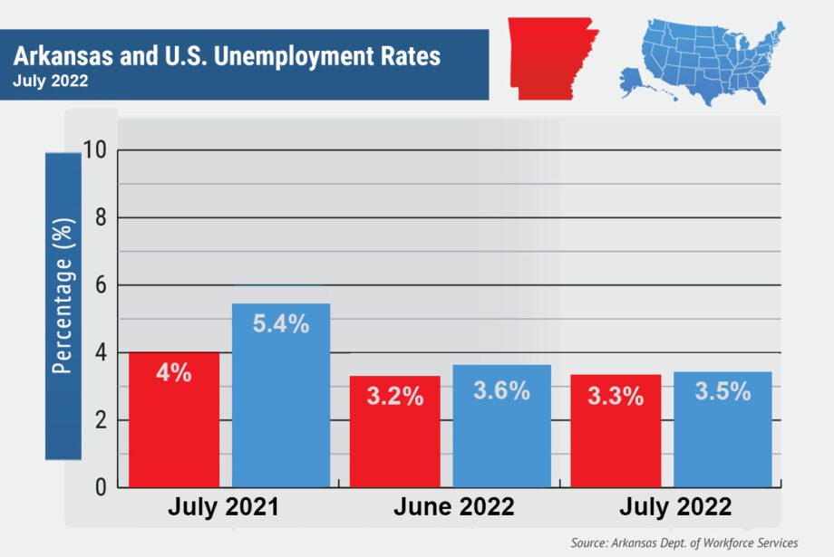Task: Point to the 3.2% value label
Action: pos(395,397)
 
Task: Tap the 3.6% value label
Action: pos(501,391)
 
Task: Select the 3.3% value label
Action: pos(616,397)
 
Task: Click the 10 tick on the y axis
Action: pos(94,150)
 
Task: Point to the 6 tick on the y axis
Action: pos(100,285)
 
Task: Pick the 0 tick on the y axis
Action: pos(100,487)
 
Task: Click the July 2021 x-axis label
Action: pos(223,508)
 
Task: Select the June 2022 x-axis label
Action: pos(453,508)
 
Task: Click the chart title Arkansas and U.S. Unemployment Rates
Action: pos(227,56)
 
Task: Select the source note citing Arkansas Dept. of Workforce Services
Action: pos(684,543)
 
